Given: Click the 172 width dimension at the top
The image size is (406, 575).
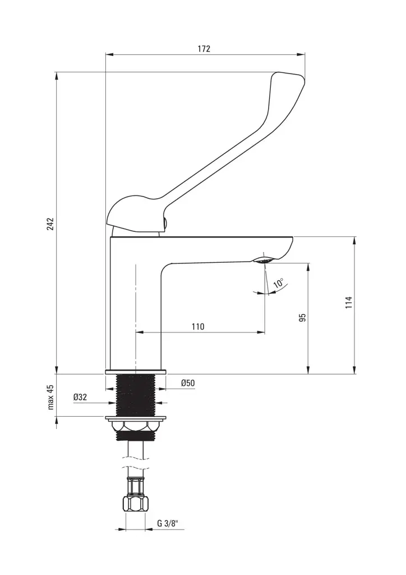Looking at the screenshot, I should pyautogui.click(x=204, y=49).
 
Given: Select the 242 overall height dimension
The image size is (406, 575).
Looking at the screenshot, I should pyautogui.click(x=50, y=223).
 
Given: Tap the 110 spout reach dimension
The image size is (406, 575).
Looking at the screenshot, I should pyautogui.click(x=198, y=326).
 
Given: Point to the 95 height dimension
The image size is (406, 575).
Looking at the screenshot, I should pyautogui.click(x=302, y=318).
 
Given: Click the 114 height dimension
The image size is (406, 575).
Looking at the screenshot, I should pyautogui.click(x=348, y=303).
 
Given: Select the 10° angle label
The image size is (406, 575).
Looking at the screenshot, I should pyautogui.click(x=278, y=284).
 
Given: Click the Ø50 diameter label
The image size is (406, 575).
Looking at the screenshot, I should pyautogui.click(x=187, y=383).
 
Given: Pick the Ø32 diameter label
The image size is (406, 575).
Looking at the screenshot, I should pyautogui.click(x=80, y=397).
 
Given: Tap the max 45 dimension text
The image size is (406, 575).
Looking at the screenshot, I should pyautogui.click(x=50, y=397).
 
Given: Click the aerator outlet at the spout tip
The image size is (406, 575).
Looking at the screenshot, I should pyautogui.click(x=262, y=260).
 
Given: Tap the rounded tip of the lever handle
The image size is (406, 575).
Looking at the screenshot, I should pyautogui.click(x=289, y=79).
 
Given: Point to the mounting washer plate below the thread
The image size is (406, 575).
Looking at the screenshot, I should pyautogui.click(x=136, y=418).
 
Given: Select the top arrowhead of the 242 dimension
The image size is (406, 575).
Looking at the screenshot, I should pyautogui.click(x=56, y=75).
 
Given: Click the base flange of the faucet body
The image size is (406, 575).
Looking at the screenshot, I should pyautogui.click(x=136, y=371).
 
